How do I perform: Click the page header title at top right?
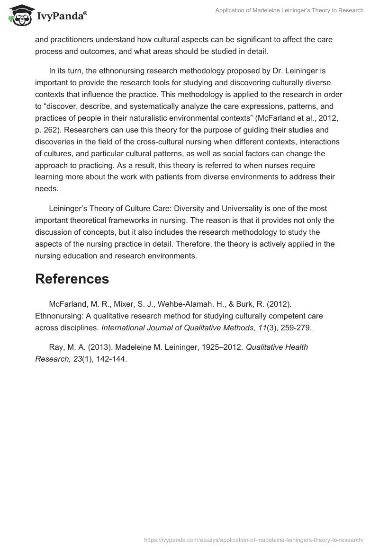coord(289,10)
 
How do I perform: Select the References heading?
coord(72,279)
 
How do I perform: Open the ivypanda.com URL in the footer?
coord(253,540)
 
